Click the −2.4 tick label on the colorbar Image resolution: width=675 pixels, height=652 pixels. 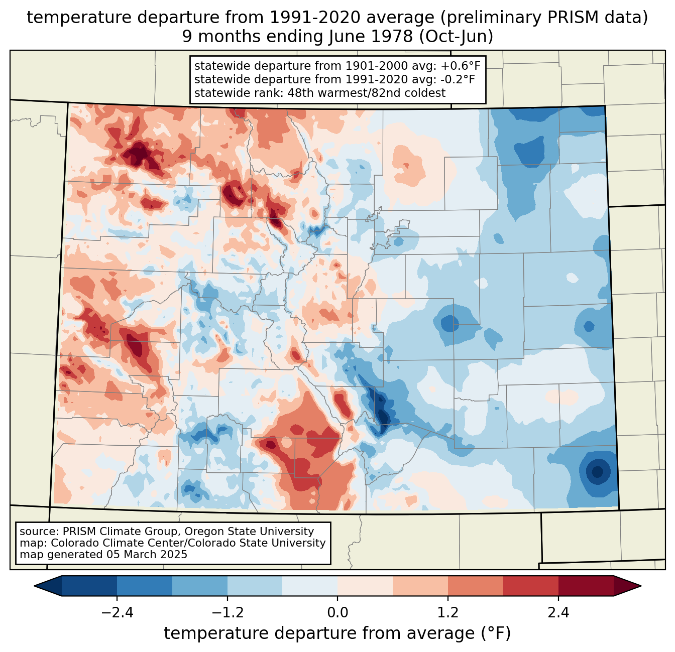coord(117,613)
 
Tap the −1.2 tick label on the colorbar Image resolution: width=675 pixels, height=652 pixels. coord(228,613)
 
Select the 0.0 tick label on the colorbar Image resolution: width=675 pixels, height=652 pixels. coord(338,613)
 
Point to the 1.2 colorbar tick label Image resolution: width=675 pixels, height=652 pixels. coord(448,613)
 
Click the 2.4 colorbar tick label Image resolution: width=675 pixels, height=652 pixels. coord(558,613)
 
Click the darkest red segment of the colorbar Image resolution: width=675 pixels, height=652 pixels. coord(586,586)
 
